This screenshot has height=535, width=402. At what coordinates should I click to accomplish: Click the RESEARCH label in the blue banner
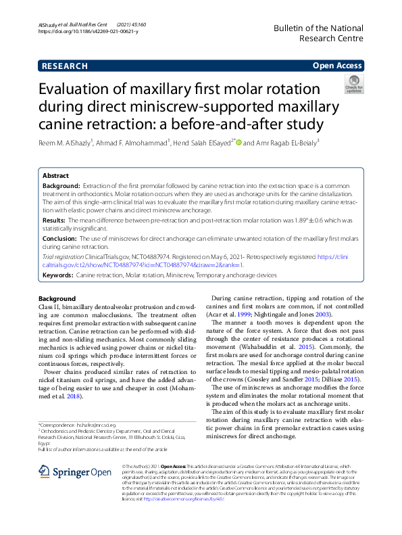(x=64, y=66)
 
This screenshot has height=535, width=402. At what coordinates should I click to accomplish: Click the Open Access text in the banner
(x=337, y=66)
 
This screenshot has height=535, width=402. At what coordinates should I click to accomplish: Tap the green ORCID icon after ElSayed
(x=238, y=143)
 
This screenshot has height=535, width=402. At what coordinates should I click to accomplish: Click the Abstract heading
(x=55, y=175)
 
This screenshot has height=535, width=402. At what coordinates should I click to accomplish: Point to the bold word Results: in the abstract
(x=54, y=220)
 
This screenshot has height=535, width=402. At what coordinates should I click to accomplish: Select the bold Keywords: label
(x=58, y=275)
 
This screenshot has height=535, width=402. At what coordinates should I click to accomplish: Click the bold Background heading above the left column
(x=57, y=298)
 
